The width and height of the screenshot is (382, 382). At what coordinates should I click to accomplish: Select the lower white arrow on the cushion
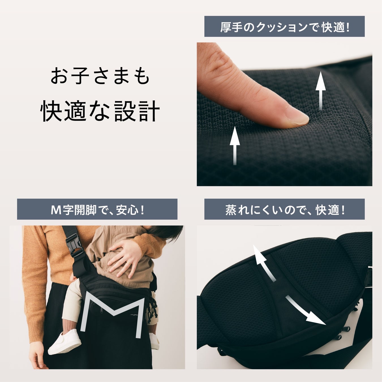[235, 145]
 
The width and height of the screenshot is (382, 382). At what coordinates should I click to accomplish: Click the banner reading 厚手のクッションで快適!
[284, 26]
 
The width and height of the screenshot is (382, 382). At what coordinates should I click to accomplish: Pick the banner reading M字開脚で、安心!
[97, 209]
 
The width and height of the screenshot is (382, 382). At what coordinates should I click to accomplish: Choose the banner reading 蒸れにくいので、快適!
[284, 209]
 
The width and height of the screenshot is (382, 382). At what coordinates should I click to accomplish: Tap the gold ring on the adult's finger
[129, 263]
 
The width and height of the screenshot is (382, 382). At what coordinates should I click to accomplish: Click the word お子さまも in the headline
[100, 76]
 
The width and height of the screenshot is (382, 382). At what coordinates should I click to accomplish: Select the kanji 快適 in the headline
[63, 111]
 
